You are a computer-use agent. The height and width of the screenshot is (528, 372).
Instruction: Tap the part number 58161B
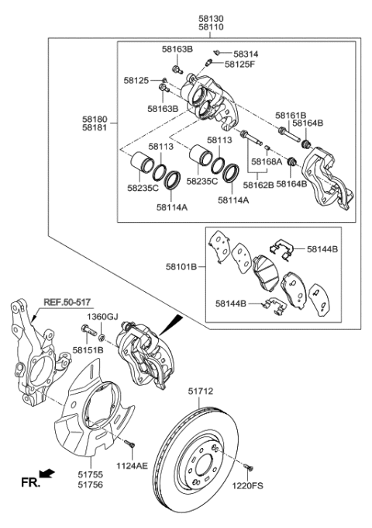[x=291, y=115]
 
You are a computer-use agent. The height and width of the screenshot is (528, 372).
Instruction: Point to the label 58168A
[x=266, y=162]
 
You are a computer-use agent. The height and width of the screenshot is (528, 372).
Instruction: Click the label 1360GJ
[x=101, y=318]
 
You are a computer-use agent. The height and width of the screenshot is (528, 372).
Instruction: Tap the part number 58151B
[x=88, y=350]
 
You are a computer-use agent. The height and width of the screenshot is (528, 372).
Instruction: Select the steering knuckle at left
[x=35, y=357]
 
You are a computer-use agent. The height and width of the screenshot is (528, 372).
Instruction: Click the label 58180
[x=97, y=120]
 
